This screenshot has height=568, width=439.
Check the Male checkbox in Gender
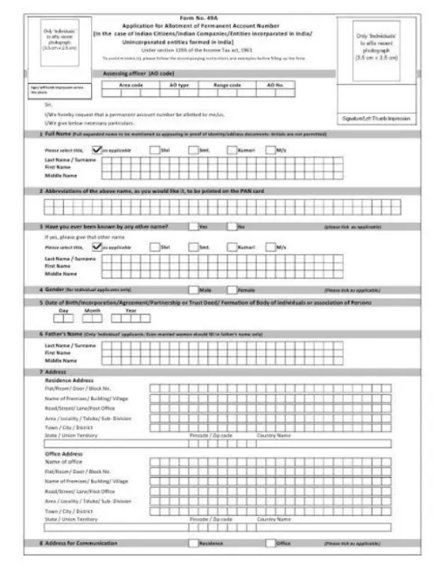[x=193, y=288]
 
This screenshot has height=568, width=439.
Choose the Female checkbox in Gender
[x=232, y=288]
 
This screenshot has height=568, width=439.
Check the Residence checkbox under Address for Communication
[x=193, y=543]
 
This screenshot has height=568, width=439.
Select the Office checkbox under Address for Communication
[x=269, y=543]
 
